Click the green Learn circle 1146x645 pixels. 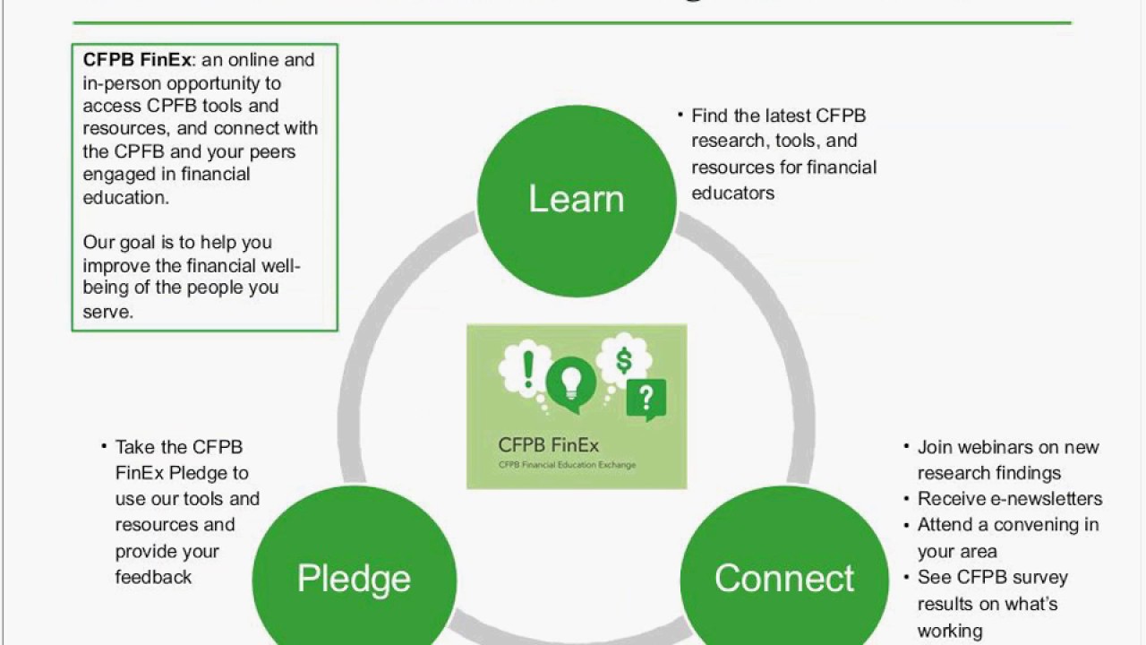[577, 198]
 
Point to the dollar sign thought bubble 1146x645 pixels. [624, 360]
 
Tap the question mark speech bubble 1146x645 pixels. [646, 398]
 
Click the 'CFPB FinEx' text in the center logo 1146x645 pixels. [548, 445]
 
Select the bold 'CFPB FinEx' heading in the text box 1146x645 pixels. [137, 60]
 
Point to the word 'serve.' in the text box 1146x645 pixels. [107, 312]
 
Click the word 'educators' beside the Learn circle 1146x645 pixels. [732, 193]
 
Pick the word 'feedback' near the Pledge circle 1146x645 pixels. [153, 577]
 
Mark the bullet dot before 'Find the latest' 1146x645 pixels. [680, 114]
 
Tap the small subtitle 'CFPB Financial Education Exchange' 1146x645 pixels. [567, 465]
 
